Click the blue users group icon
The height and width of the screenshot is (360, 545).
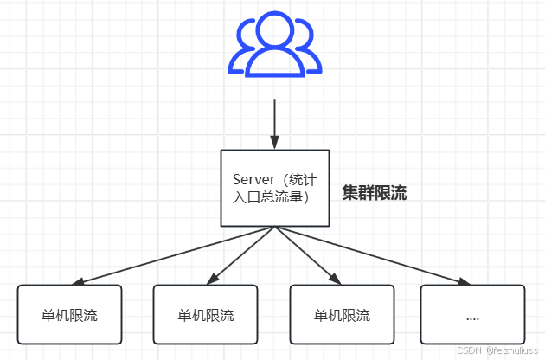(273, 47)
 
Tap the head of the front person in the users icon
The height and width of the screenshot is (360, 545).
(273, 33)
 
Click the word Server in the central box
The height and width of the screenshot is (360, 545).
(253, 178)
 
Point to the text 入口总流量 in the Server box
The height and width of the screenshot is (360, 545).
(267, 197)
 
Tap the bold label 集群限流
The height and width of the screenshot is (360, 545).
(374, 193)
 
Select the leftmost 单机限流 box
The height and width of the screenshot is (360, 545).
(70, 314)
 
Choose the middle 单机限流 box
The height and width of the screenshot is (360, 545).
(205, 314)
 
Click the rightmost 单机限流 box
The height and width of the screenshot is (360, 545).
(342, 314)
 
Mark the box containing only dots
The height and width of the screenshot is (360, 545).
(472, 314)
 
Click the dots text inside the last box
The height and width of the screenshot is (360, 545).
(472, 317)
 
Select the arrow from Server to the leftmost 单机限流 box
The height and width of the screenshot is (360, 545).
(173, 255)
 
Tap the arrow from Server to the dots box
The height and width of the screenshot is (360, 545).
(372, 255)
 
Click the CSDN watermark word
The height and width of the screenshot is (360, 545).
(468, 350)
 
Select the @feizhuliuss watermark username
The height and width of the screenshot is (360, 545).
(511, 350)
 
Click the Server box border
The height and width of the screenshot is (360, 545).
(221, 188)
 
